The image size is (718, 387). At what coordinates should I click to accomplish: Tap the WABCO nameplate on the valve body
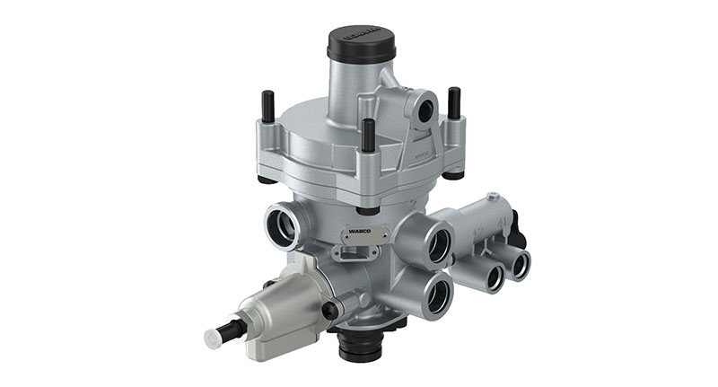(x=361, y=234)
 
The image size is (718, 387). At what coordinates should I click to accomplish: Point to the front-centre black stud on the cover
(x=368, y=136)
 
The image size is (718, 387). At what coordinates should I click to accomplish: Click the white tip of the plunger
(x=214, y=339)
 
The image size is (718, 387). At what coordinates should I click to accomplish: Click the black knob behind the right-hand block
(x=520, y=236)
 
